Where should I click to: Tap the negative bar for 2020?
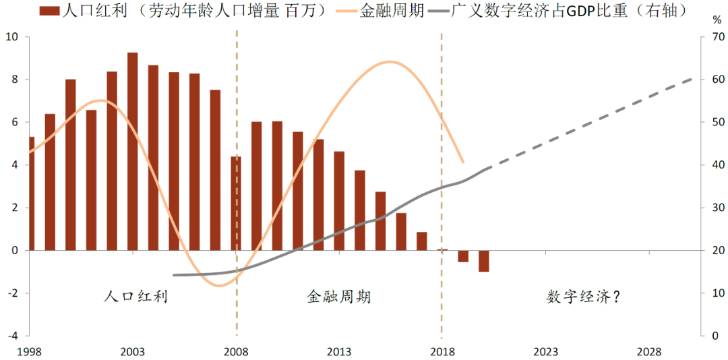[x=484, y=261]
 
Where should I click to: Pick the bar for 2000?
[x=71, y=164]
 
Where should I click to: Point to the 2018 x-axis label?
[x=442, y=351]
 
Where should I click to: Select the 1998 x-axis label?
[x=30, y=351]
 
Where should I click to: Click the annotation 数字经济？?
[x=582, y=297]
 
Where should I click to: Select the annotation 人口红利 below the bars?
[x=135, y=297]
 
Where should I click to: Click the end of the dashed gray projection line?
[x=693, y=79]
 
